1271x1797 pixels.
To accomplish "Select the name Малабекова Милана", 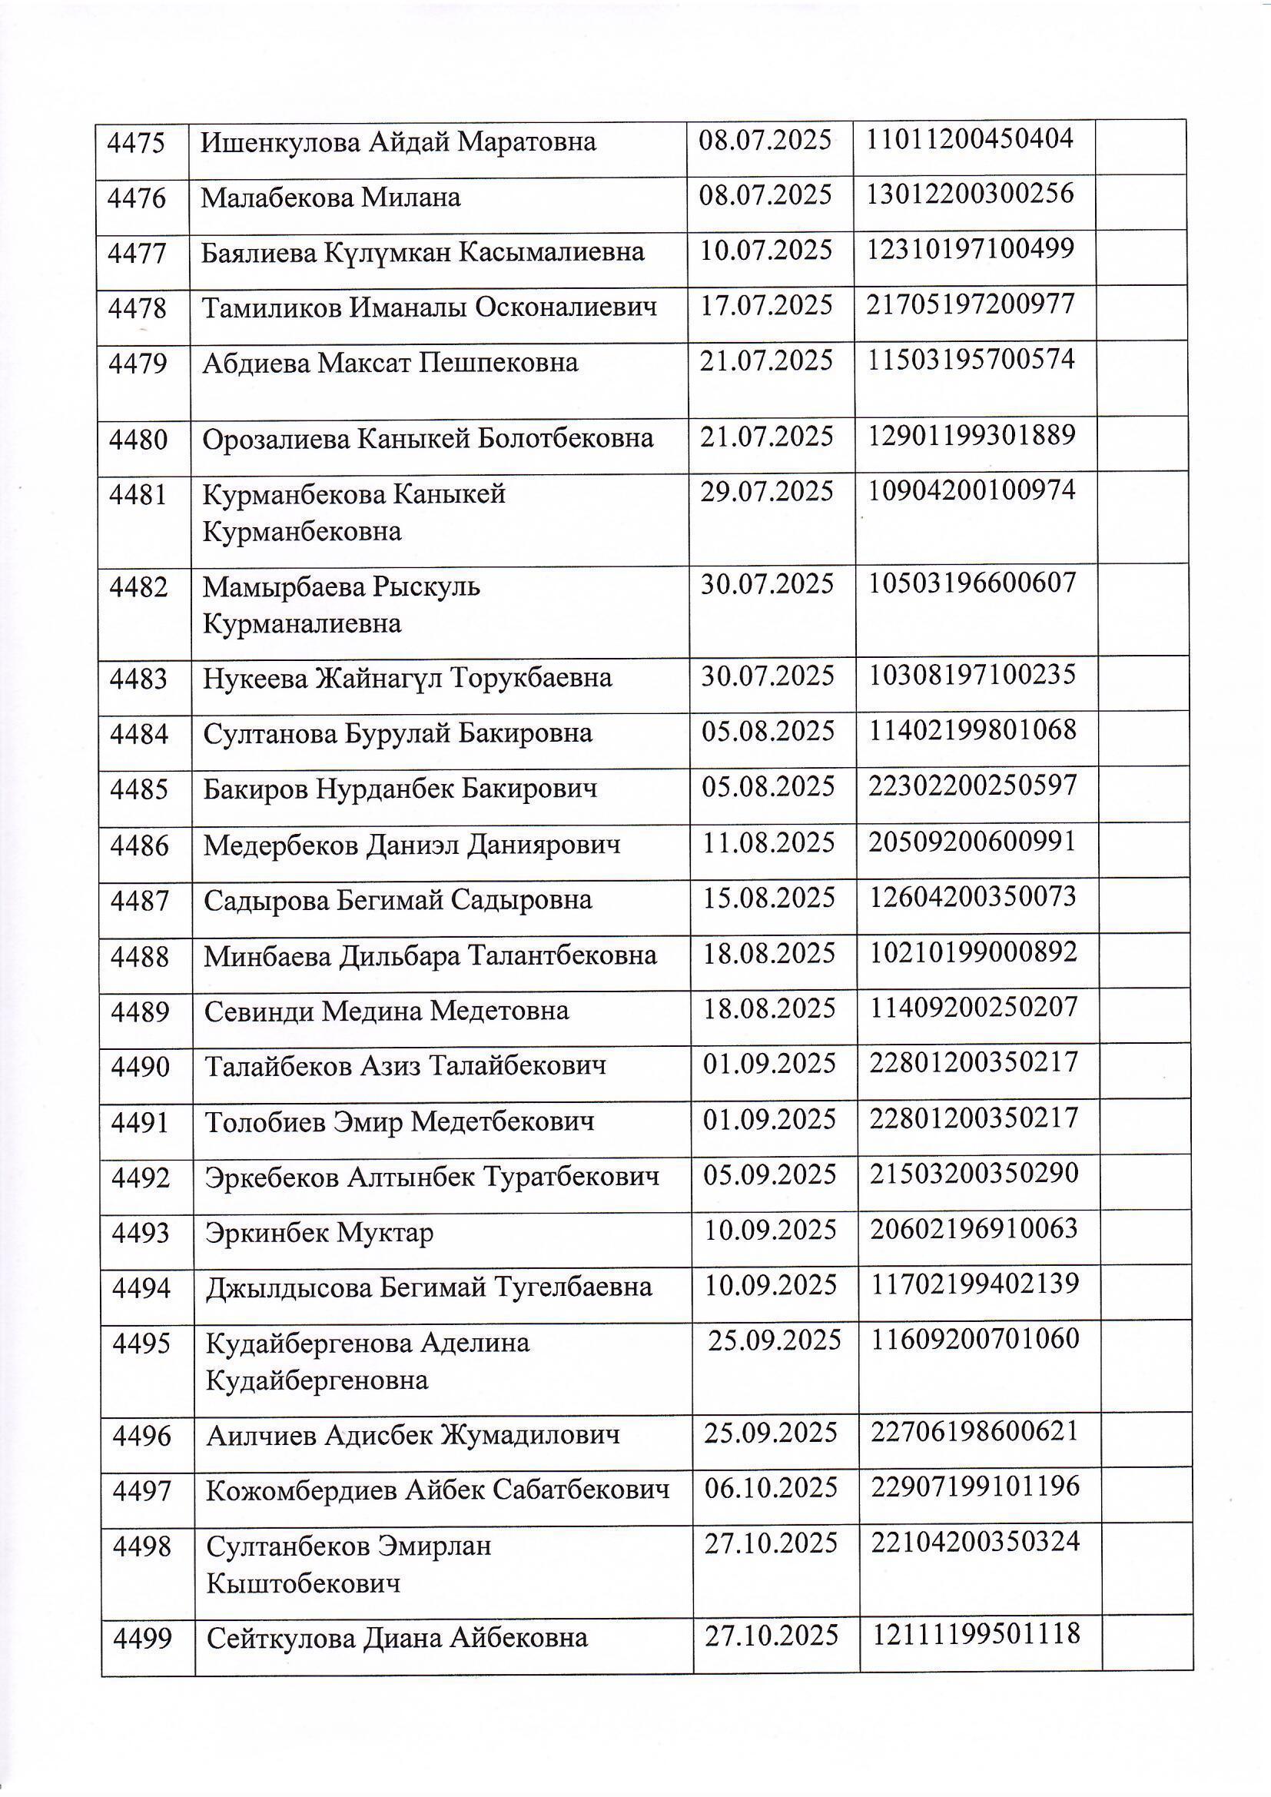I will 330,198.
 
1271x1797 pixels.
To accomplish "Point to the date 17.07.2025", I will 766,304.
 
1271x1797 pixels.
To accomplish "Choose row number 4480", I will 138,439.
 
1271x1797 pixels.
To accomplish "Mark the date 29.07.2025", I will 767,491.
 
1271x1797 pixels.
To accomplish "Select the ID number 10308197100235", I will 972,675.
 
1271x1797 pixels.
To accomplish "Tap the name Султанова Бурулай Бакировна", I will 397,733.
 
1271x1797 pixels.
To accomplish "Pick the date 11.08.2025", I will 768,842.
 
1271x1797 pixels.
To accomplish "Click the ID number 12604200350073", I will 973,897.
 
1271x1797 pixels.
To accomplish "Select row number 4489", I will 140,1012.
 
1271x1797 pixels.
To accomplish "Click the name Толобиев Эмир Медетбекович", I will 399,1121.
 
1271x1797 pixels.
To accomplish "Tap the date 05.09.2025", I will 769,1174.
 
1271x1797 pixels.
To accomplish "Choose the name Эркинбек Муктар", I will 319,1233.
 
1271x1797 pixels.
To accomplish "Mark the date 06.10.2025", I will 771,1487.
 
